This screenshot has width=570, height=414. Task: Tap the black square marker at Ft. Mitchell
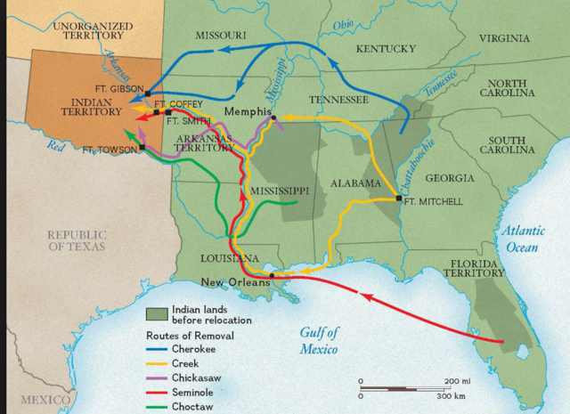398,199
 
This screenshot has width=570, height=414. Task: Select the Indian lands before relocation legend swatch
159,313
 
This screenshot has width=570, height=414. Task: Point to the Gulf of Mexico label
319,341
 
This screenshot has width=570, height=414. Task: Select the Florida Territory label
477,270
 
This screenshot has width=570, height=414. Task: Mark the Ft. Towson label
110,150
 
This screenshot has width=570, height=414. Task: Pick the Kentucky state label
386,48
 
